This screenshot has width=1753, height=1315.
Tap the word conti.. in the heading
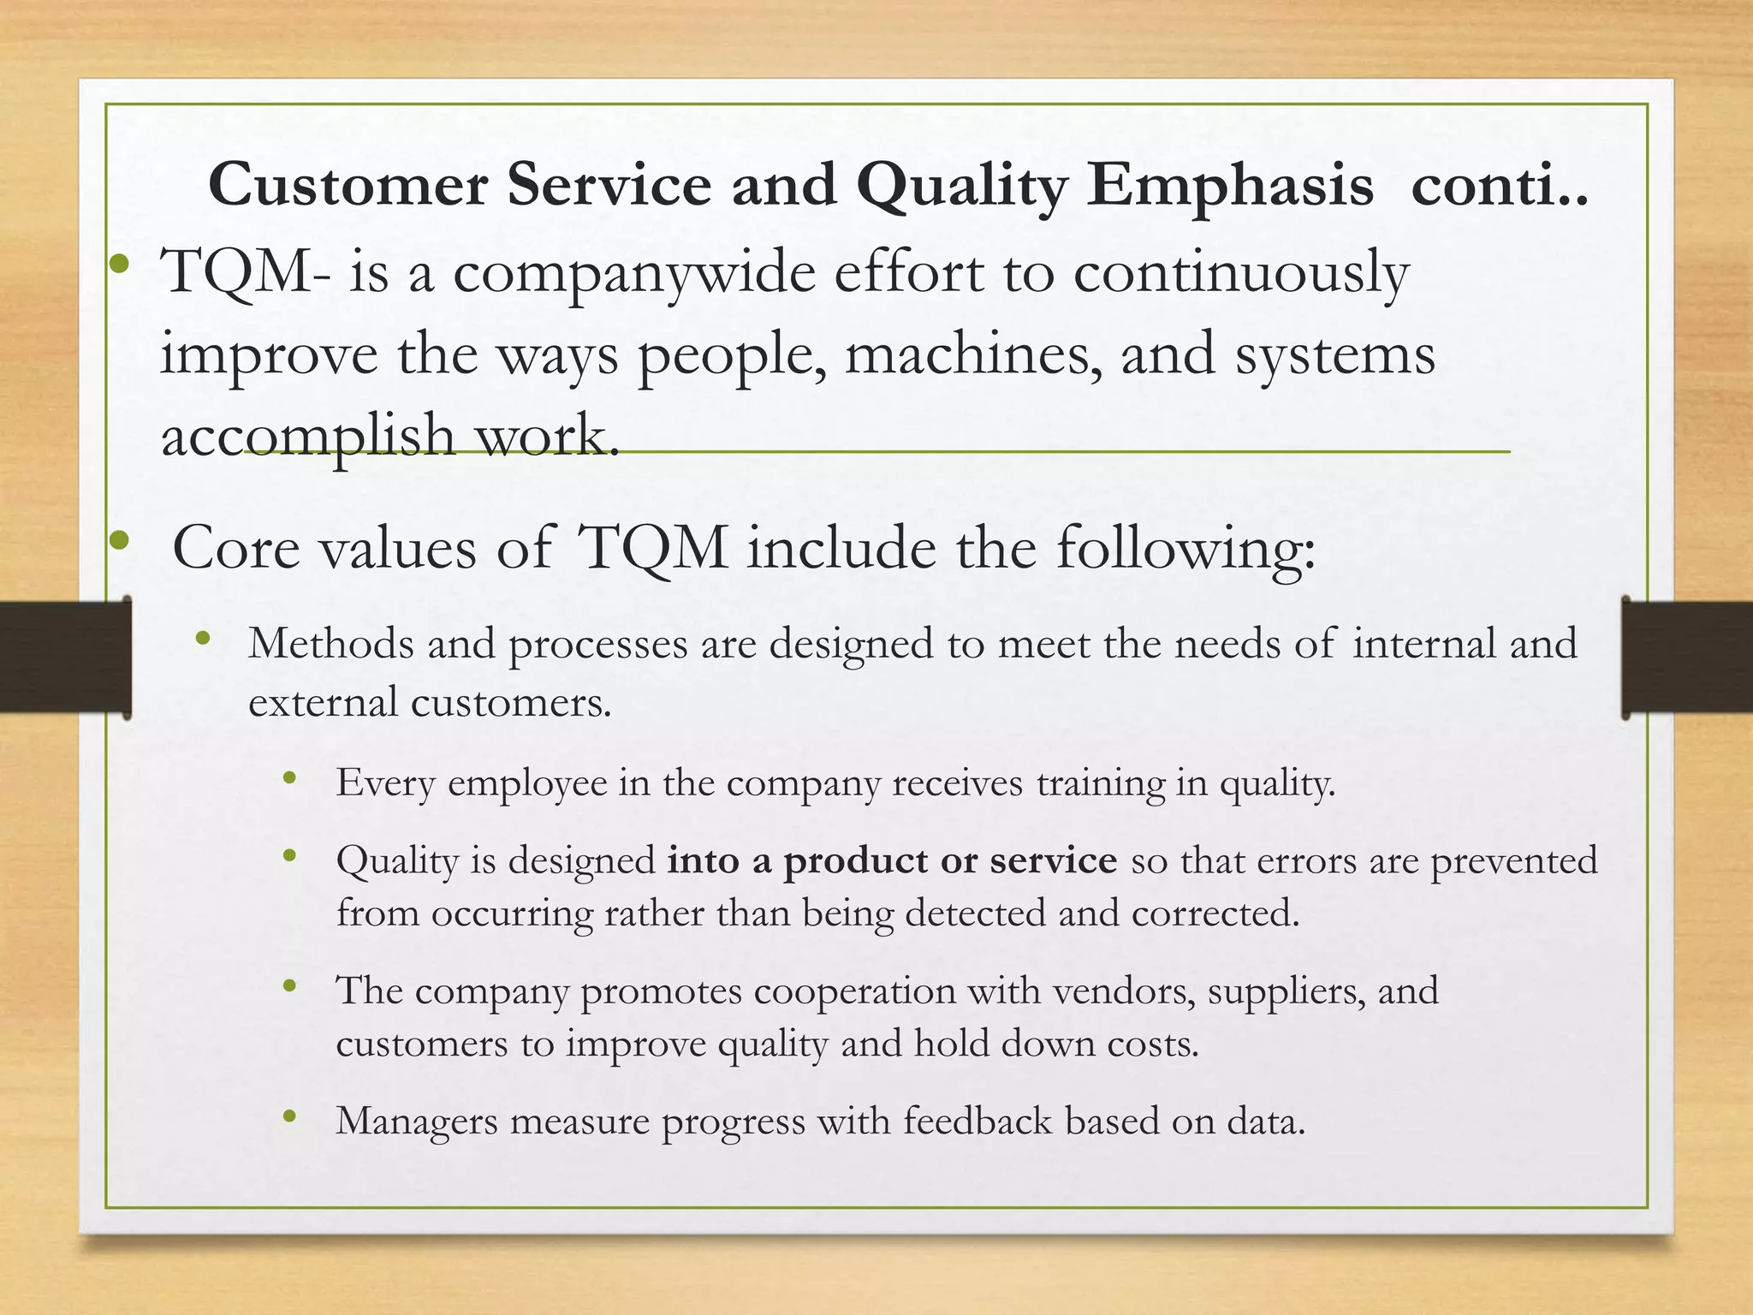point(1499,186)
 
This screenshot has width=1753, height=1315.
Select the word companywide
point(633,273)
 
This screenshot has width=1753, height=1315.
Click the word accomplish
point(308,434)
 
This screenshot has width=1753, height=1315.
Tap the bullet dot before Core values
point(119,541)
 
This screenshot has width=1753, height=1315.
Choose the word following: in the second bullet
point(1186,548)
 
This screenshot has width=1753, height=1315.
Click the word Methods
point(330,643)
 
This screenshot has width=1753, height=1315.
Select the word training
point(1100,782)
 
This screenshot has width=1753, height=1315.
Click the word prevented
point(1513,860)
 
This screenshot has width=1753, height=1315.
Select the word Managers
point(416,1122)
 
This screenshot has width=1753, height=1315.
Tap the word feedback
point(977,1122)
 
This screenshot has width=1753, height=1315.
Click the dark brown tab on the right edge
point(1686,657)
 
